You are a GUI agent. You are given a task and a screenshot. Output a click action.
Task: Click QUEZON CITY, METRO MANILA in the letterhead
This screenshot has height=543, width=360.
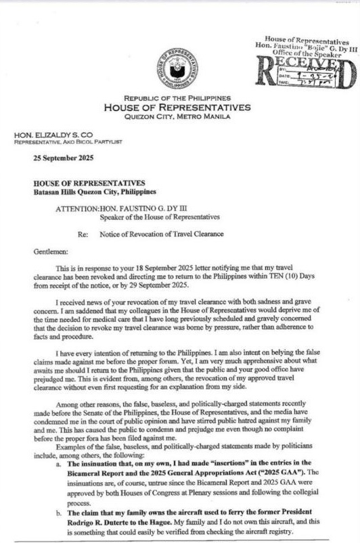[177, 116]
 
